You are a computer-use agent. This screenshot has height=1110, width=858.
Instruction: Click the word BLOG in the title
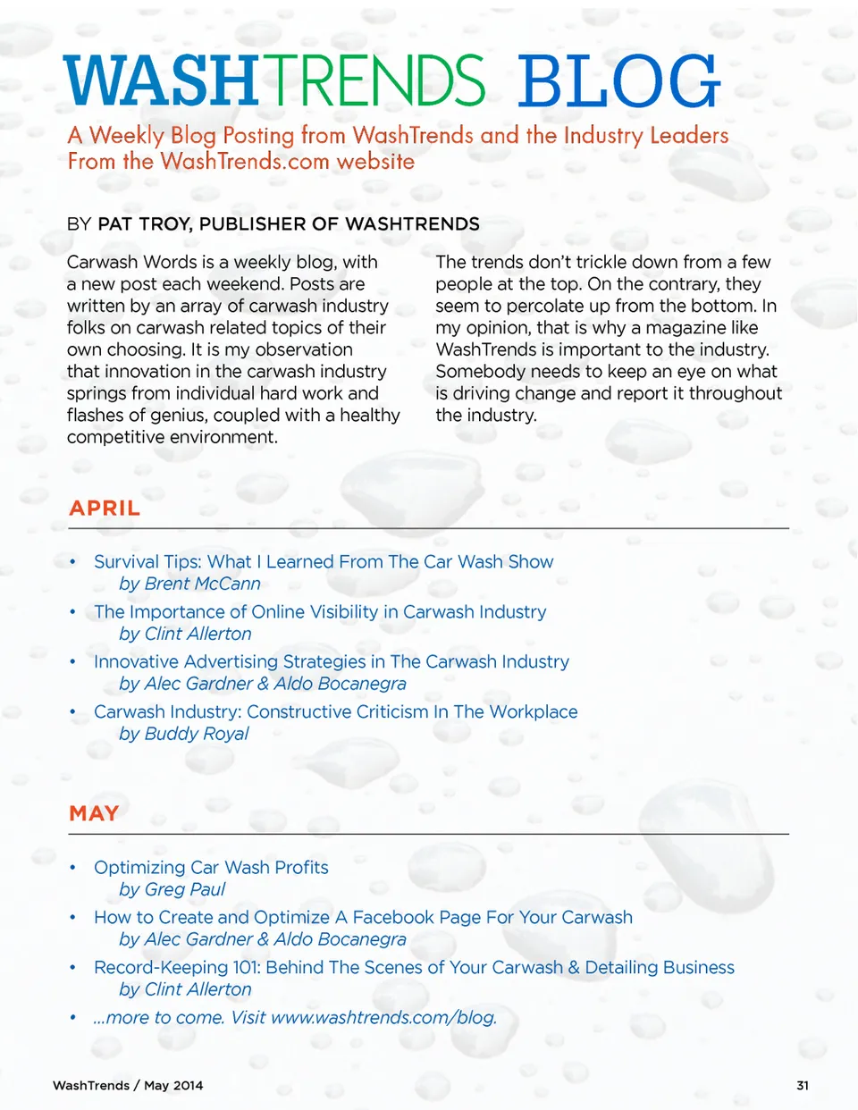pos(618,81)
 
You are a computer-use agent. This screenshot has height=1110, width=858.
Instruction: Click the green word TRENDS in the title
pos(374,81)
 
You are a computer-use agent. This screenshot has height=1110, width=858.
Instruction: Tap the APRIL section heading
pos(105,508)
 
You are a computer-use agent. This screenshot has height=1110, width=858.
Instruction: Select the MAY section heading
pos(94,813)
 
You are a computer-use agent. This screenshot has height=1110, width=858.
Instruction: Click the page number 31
pos(803,1085)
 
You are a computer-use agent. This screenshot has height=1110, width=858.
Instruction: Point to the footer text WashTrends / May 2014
pos(128,1085)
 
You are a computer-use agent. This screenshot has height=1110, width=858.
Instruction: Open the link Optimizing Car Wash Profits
pos(211,867)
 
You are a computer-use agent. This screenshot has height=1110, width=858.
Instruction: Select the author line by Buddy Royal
pos(184,734)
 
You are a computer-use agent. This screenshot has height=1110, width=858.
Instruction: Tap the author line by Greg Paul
pos(172,889)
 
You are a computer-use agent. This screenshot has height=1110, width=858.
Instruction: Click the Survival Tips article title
pos(324,561)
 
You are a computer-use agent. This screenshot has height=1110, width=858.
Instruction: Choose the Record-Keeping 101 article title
pos(414,967)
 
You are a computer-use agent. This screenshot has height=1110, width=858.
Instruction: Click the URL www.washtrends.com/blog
pos(383,1017)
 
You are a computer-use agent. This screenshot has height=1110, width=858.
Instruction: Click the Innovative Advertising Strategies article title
pos(332,661)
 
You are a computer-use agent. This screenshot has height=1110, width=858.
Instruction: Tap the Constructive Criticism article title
pos(336,711)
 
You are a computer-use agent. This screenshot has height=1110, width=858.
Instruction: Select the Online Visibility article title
pos(320,611)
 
